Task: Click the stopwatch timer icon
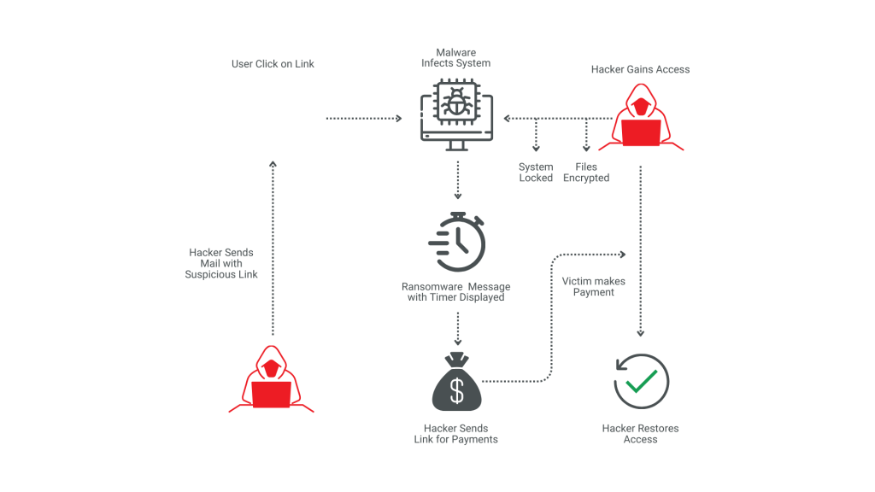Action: pos(458,241)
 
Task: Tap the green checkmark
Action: pos(643,379)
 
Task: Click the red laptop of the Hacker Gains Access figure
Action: pos(641,133)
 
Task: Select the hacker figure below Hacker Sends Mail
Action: pos(272,382)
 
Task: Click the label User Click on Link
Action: pos(273,64)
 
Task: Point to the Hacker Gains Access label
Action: pos(640,69)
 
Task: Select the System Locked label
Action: pos(536,173)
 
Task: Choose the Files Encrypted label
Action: pos(586,173)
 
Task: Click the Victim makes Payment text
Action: pos(594,287)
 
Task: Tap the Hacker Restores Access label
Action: pos(641,433)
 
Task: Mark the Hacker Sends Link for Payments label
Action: pos(456,433)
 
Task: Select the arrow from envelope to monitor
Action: pos(364,118)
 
